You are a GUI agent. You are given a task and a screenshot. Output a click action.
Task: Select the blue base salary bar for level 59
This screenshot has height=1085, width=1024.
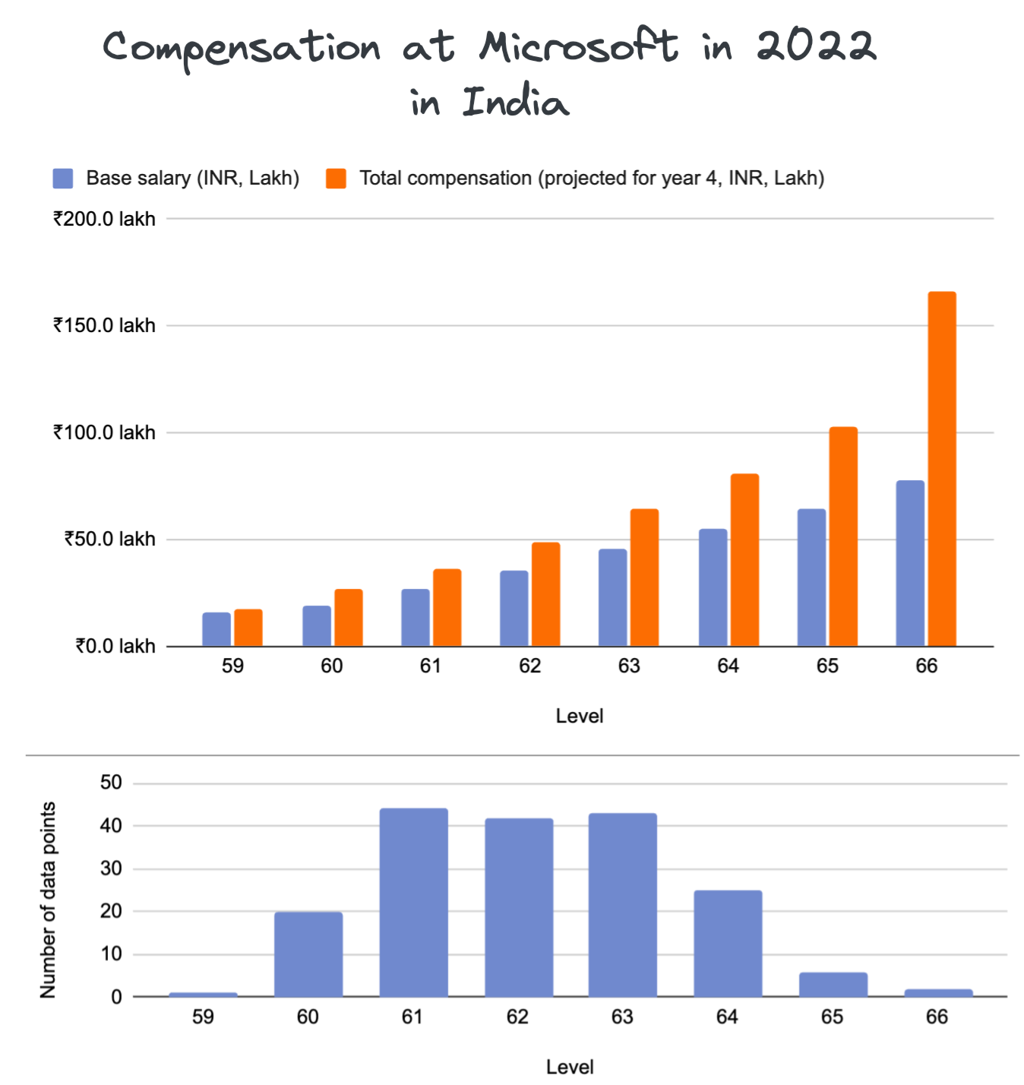216,629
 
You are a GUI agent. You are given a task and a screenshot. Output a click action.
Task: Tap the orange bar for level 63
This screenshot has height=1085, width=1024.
644,577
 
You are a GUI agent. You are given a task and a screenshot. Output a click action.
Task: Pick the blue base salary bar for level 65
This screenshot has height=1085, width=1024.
811,577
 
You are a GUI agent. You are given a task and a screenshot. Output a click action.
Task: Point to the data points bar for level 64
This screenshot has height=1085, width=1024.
728,943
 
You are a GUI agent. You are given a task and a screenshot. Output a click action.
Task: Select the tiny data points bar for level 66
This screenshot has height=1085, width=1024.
938,992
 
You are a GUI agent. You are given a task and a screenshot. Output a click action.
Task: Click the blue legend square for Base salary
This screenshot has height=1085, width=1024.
63,179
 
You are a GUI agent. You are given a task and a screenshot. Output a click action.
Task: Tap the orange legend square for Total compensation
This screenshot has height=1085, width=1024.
336,179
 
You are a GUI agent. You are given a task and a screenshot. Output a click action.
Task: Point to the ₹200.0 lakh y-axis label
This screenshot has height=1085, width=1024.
104,220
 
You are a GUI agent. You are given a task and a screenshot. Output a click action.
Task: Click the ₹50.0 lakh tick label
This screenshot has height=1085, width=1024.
109,539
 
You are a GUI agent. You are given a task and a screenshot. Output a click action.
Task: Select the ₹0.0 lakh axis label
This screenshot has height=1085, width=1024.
115,647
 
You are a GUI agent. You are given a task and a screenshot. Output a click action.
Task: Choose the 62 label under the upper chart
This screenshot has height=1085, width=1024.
529,666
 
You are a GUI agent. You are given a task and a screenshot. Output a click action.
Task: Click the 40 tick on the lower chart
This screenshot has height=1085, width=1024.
111,826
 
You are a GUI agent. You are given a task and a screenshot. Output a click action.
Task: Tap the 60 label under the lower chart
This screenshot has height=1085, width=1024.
308,1017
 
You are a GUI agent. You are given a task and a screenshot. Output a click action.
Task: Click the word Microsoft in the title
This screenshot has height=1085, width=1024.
578,47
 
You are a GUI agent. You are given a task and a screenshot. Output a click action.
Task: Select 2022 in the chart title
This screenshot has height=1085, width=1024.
816,47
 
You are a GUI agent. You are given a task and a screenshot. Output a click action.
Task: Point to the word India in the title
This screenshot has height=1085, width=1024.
516,103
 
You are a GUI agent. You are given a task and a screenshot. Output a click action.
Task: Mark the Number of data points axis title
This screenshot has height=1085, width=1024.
48,900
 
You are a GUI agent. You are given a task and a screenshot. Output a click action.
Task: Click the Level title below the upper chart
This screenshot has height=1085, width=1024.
579,716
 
